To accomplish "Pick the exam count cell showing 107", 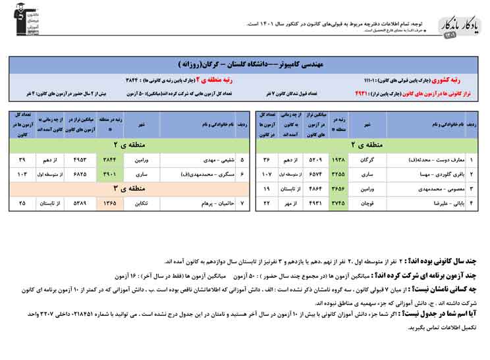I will click(267, 174).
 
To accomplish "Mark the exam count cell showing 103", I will click(22, 174).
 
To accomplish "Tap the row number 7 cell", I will click(242, 203).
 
